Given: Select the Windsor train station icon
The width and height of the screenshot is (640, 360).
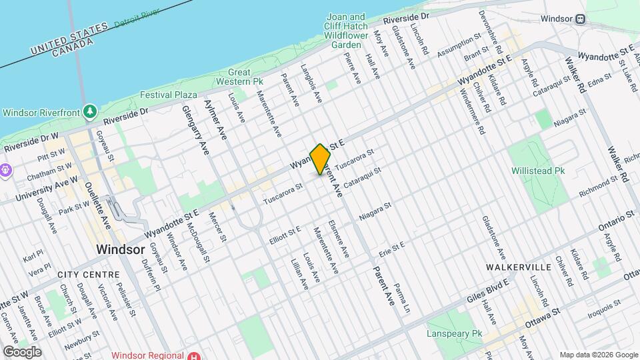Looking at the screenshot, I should tap(581, 20).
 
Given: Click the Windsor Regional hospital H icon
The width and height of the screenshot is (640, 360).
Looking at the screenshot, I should tap(193, 356).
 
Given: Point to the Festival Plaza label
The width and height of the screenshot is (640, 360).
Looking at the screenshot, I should tap(169, 95).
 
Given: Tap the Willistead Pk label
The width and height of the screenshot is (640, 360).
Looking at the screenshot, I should tap(538, 171).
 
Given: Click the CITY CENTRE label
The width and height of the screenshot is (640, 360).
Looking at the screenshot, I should tap(89, 275).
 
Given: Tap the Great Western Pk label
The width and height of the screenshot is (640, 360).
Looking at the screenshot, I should tap(239, 77).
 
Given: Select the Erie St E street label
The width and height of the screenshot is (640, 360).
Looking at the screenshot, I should tap(392, 247).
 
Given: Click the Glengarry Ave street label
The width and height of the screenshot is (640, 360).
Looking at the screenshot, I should tap(196, 130).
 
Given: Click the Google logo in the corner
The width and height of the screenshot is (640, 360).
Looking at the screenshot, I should tap(21, 351).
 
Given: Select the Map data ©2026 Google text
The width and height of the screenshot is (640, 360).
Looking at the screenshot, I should tap(598, 355).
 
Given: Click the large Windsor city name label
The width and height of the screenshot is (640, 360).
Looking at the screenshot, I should tap(120, 249).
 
